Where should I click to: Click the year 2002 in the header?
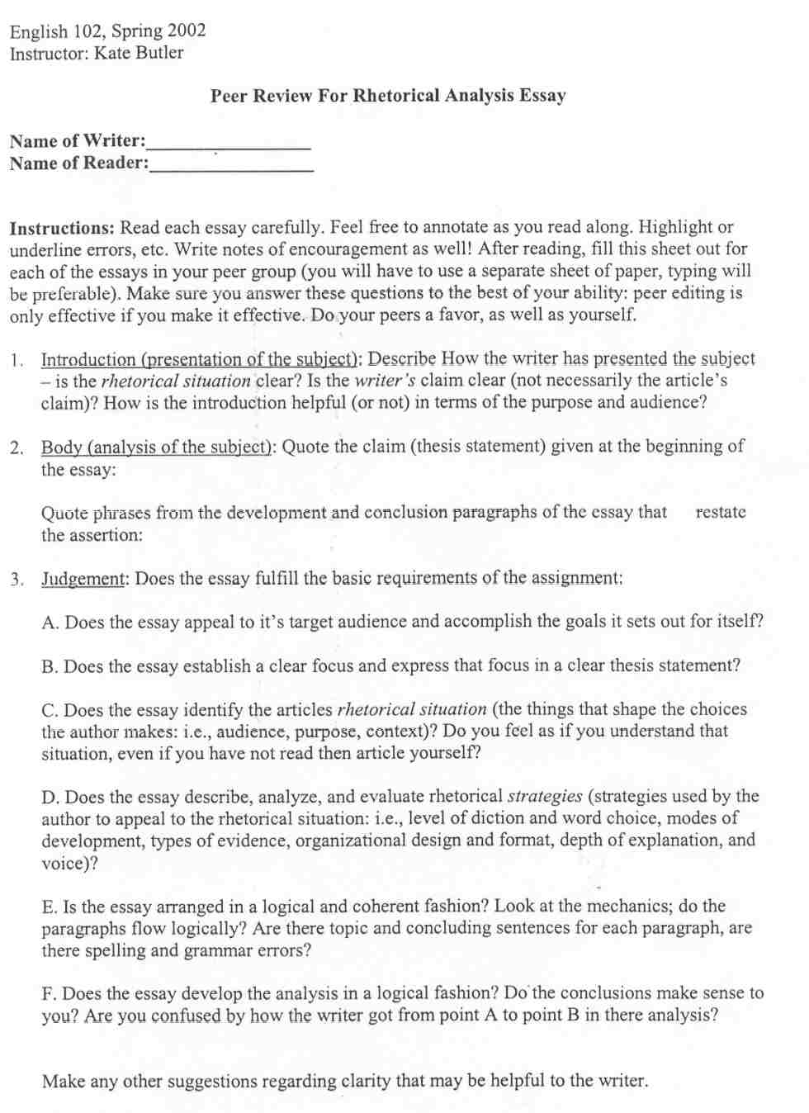point(187,31)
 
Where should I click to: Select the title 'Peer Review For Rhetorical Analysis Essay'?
point(388,96)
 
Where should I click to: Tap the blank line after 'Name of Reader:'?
point(231,168)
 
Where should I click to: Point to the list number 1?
point(17,360)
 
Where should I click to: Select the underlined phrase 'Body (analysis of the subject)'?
point(158,447)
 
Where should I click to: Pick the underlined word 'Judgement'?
point(83,578)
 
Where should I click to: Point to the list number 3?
point(17,578)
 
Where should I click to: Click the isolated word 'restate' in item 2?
point(721,512)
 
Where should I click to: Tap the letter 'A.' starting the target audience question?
point(50,622)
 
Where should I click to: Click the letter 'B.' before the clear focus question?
point(50,665)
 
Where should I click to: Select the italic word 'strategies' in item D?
point(545,797)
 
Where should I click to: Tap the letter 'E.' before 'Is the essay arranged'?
point(50,907)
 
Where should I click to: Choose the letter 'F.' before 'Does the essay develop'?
point(50,993)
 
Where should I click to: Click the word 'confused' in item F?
point(187,1016)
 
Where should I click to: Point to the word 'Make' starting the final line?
point(62,1081)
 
